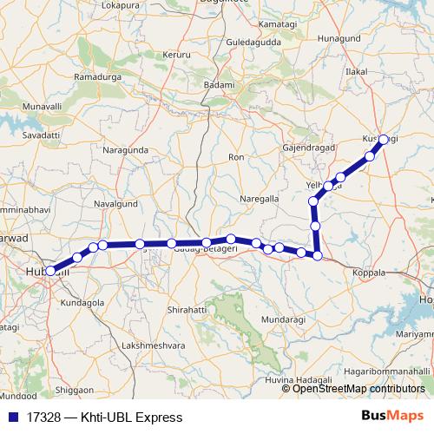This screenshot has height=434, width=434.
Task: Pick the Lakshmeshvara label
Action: pos(153,345)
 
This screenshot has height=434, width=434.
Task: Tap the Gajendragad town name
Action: pos(308,148)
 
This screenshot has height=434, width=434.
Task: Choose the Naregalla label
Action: pos(260,199)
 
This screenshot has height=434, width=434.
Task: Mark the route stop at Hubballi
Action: pos(51,271)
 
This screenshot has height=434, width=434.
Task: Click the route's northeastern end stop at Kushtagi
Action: pos(384,139)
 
